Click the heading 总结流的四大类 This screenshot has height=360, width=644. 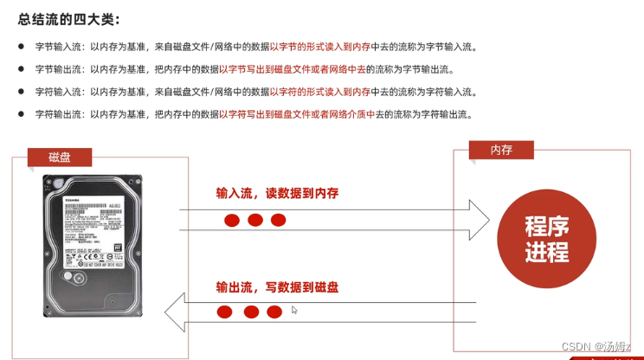69,18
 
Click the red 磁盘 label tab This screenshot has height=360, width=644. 60,157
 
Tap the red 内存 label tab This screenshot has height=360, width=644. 501,150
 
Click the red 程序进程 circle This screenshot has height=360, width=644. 547,240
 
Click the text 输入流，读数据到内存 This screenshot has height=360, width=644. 277,193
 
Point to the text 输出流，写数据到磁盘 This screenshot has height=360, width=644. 277,286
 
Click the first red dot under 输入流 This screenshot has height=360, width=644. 232,220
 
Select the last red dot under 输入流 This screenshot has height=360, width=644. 278,220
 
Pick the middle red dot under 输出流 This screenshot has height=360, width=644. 251,312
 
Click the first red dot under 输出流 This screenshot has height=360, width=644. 225,312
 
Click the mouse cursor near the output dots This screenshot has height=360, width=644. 295,310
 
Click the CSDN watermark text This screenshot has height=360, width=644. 596,346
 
